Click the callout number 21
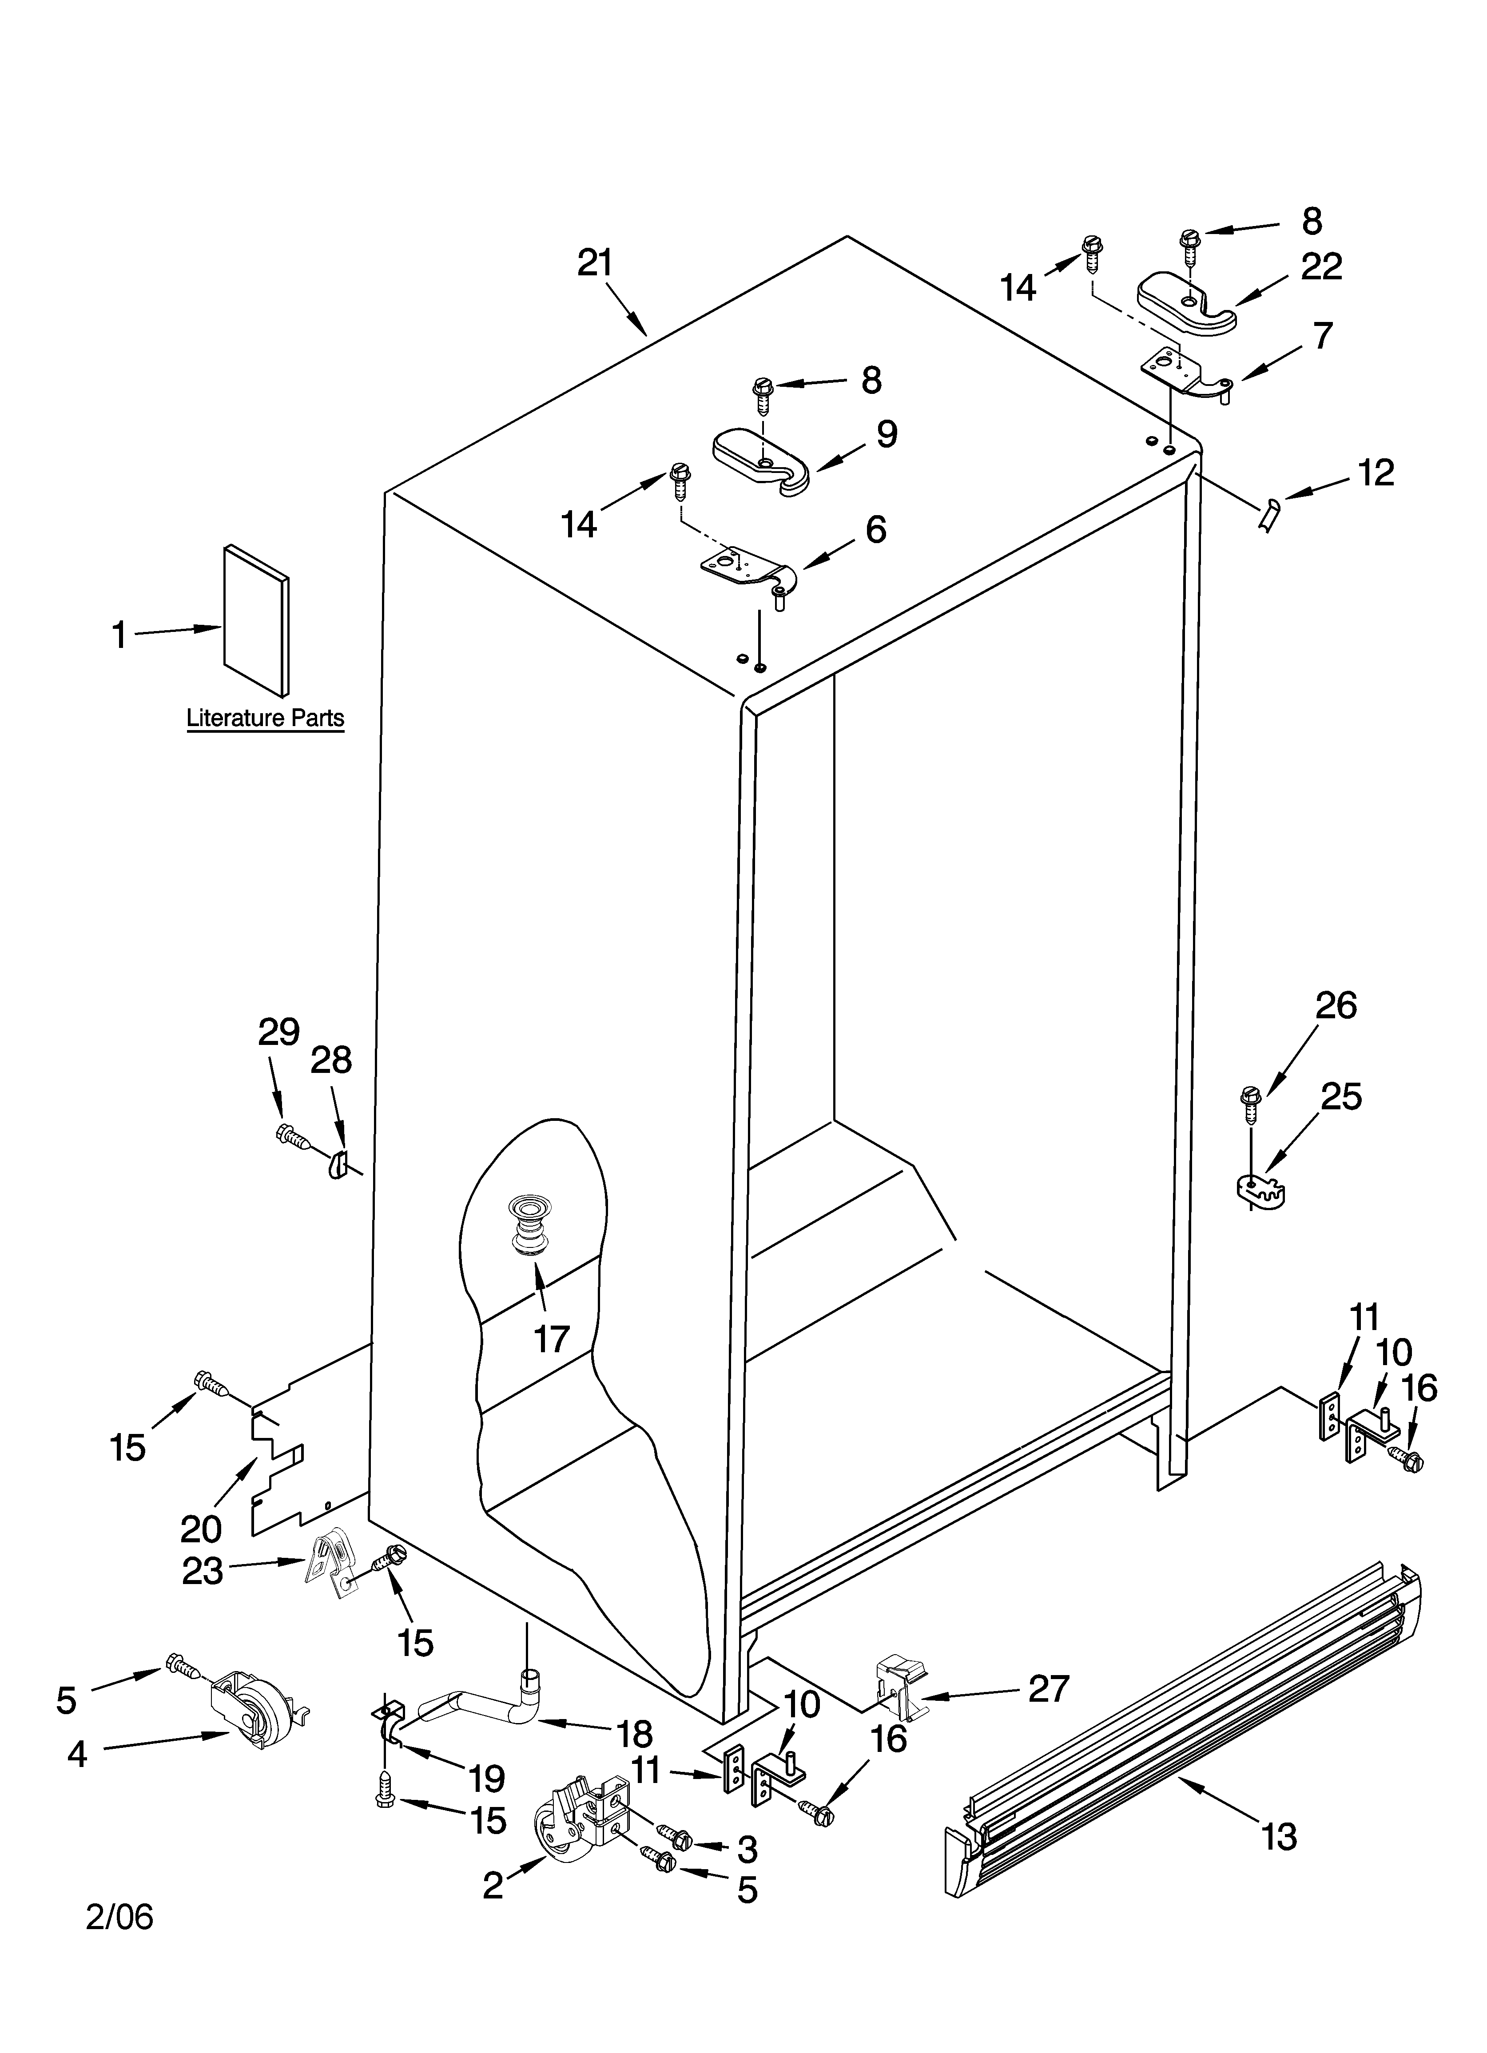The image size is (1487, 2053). pos(595,263)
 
